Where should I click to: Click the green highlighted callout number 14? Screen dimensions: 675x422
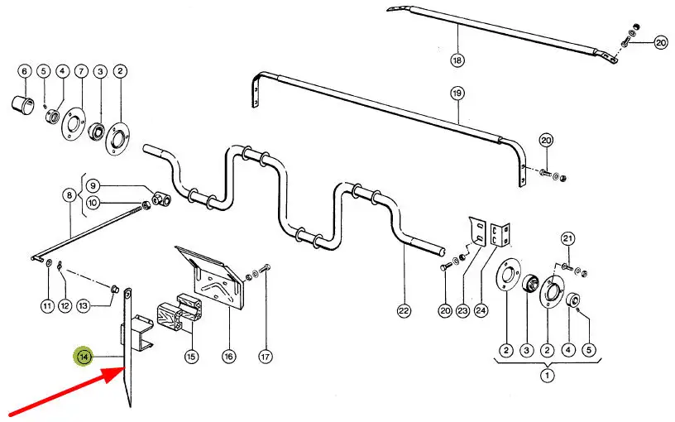click(x=84, y=357)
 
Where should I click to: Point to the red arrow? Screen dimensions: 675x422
click(x=67, y=392)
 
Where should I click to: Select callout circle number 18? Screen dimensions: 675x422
click(x=457, y=60)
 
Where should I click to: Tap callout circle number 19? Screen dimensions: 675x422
click(x=457, y=93)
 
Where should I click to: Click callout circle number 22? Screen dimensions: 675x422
click(x=404, y=310)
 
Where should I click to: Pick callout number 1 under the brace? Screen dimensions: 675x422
click(x=547, y=375)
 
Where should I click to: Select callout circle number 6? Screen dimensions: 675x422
click(x=25, y=71)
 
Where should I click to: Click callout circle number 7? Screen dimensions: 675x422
click(x=81, y=71)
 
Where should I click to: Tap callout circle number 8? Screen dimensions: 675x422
click(x=69, y=196)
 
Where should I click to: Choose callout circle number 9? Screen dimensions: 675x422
click(x=93, y=186)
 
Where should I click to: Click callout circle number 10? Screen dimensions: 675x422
click(x=93, y=203)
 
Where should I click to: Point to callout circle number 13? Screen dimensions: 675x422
click(x=84, y=305)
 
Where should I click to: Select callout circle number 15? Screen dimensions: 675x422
click(x=191, y=356)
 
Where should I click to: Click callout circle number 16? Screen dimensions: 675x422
click(x=228, y=356)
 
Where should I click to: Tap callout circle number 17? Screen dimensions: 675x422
click(x=266, y=356)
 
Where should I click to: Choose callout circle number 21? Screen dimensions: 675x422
click(x=567, y=238)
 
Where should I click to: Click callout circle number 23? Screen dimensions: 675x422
click(x=462, y=310)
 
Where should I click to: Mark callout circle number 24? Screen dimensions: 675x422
click(x=481, y=310)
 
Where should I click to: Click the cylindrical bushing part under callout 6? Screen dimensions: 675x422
click(x=23, y=104)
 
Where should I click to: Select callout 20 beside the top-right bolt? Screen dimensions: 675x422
click(x=661, y=43)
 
